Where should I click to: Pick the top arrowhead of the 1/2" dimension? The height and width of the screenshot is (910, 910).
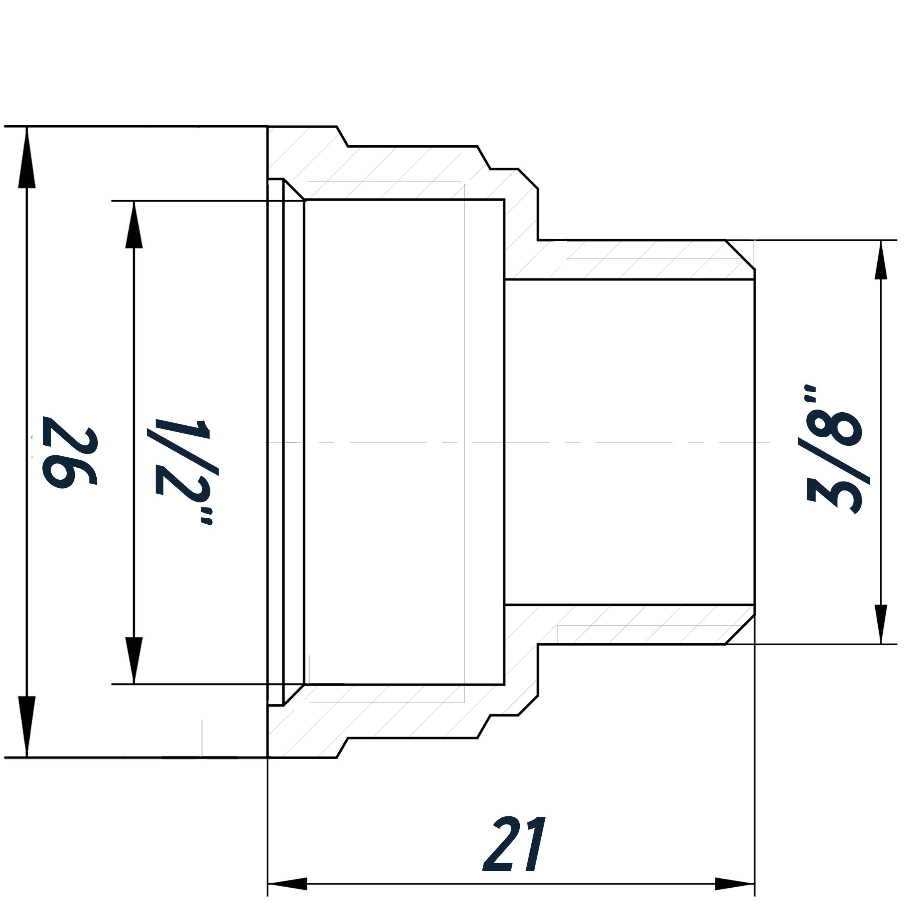click(x=134, y=225)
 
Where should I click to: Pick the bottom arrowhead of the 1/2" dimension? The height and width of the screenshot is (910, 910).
click(x=134, y=660)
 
